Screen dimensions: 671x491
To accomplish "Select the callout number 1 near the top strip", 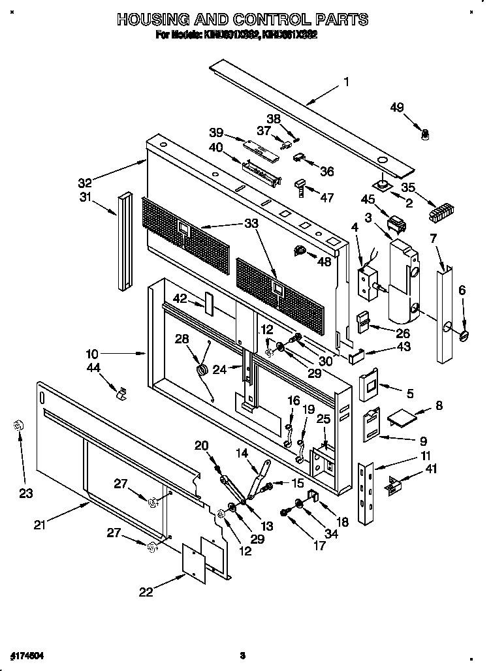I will click(x=347, y=82).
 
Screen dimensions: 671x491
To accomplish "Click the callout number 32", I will click(x=86, y=182).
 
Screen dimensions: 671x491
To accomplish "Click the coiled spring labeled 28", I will click(x=202, y=370).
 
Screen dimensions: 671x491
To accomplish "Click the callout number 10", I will click(x=92, y=353).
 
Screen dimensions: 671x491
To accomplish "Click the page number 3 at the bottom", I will click(x=242, y=655).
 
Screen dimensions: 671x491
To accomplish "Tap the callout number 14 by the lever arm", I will click(x=242, y=452).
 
